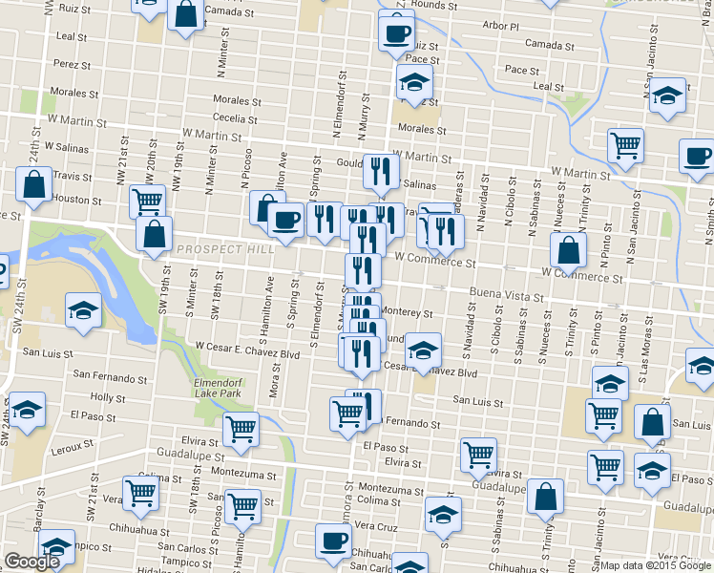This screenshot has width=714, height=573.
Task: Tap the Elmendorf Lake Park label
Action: coord(220,386)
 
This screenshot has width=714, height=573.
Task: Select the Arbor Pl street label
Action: coord(500,27)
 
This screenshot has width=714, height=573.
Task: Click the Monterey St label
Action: coord(408,313)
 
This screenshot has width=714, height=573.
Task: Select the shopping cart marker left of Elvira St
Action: coord(241,430)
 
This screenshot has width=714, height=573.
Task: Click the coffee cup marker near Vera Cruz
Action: coord(333,541)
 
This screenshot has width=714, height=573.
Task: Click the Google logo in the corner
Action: coord(32,562)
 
